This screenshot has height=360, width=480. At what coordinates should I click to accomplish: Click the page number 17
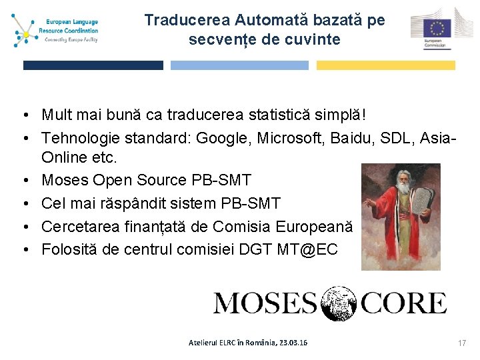point(462,343)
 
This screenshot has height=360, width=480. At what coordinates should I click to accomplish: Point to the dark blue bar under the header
point(93,65)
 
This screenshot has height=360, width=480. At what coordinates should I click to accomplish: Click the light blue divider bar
point(239,65)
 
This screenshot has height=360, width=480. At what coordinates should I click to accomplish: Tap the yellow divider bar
point(385,65)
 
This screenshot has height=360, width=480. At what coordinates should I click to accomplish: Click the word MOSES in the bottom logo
point(265,303)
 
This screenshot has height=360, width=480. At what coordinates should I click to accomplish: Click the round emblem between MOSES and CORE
point(340,303)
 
